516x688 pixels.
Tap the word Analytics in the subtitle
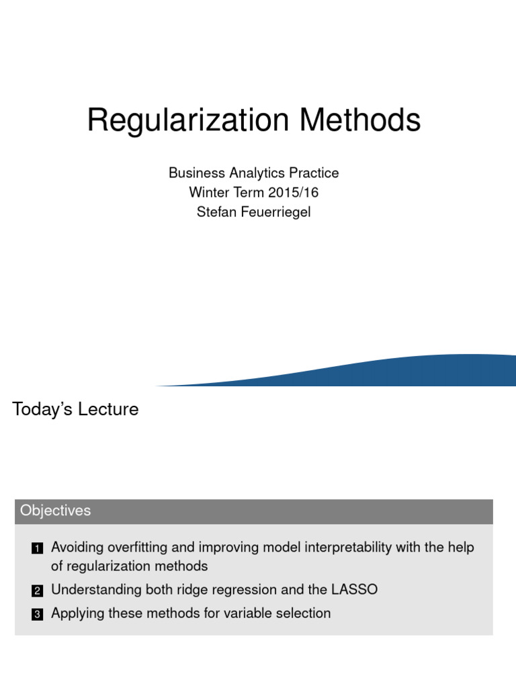click(254, 173)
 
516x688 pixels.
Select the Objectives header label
click(55, 511)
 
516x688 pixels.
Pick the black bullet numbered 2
click(37, 591)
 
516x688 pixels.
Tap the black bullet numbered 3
click(37, 614)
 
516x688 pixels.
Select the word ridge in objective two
click(192, 590)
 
